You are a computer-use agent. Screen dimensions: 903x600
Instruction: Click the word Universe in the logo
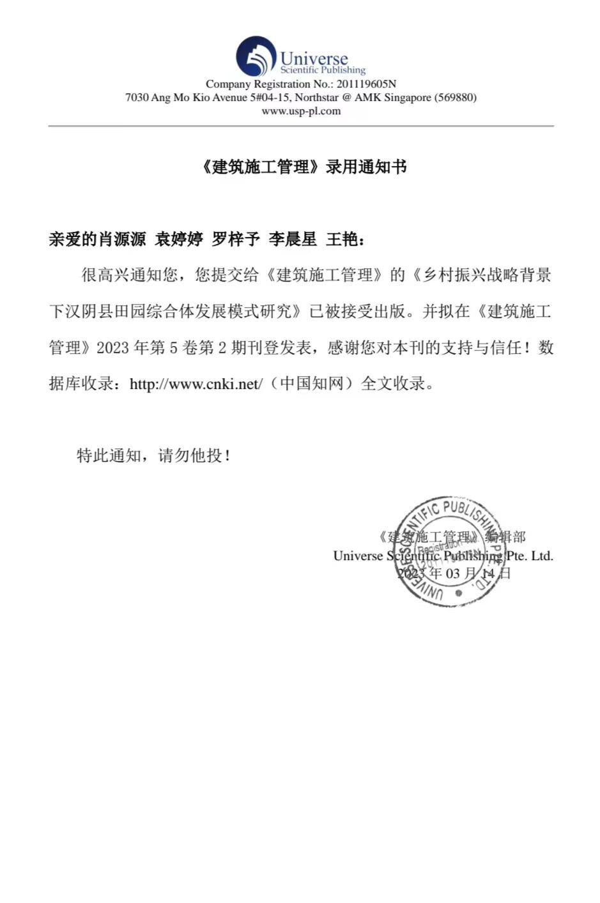tap(314, 58)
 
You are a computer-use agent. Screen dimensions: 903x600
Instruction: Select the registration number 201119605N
tap(366, 84)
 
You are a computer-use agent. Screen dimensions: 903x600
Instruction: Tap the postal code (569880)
tap(456, 97)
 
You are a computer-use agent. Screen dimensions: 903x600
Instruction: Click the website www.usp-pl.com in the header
tap(301, 110)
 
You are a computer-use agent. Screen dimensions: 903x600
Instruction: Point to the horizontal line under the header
tap(300, 126)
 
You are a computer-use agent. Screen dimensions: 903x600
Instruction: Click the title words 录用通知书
tap(366, 167)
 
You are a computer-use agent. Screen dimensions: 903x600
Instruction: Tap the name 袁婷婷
tap(179, 239)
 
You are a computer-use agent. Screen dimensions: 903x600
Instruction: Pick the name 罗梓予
tap(236, 239)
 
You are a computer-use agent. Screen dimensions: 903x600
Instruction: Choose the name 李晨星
tap(293, 239)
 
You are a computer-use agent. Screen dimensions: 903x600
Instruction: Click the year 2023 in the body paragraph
tap(113, 347)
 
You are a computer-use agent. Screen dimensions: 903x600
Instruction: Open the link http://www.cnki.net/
tap(196, 384)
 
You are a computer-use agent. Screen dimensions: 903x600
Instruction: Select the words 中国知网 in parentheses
tap(312, 383)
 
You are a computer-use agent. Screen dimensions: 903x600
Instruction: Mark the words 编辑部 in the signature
tap(505, 536)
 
